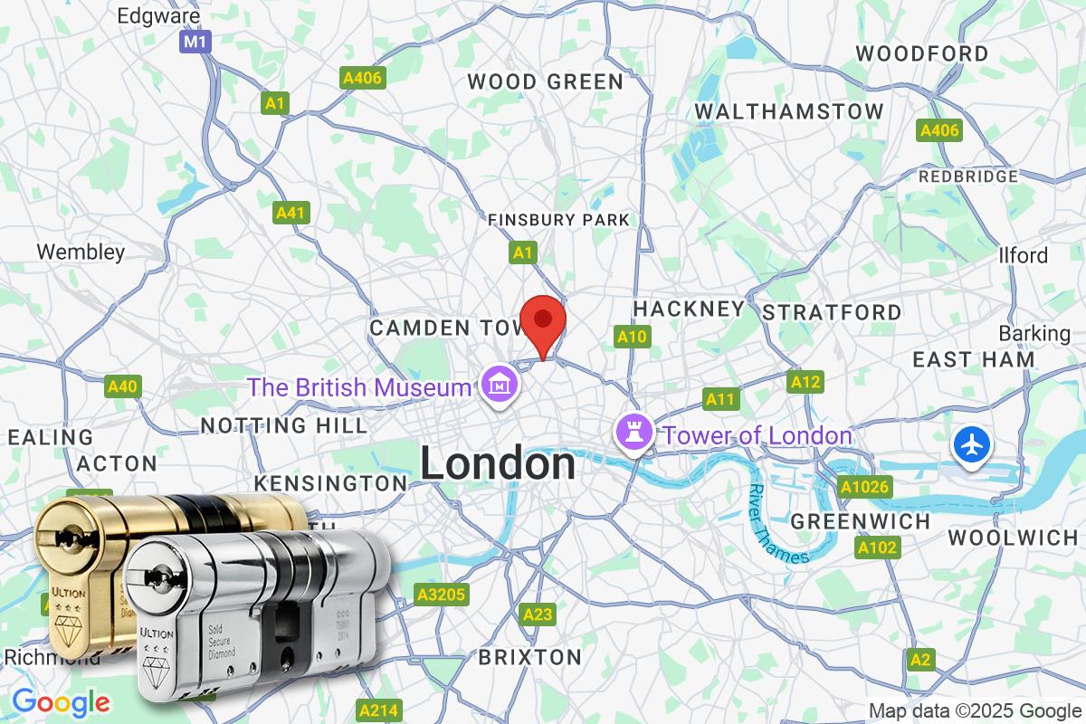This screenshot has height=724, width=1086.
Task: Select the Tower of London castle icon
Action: [633, 433]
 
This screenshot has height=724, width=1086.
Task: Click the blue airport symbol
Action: [972, 446]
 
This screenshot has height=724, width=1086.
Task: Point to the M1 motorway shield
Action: [195, 43]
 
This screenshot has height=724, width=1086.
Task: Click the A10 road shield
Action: [632, 338]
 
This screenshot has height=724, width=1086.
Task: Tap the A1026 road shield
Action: [865, 487]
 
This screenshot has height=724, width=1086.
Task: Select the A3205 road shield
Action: [441, 595]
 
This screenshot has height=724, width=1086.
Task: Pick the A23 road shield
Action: [538, 615]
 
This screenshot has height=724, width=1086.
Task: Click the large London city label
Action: [497, 464]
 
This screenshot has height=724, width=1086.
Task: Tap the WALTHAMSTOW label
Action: [788, 111]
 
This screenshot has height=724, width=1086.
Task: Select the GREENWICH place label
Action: [860, 521]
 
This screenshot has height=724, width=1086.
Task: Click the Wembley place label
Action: [81, 252]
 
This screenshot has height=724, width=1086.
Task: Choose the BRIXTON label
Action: [529, 656]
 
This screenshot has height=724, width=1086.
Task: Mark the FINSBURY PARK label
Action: [557, 220]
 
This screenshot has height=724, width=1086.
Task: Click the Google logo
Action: [61, 702]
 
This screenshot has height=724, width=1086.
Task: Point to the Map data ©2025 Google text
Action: [975, 710]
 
